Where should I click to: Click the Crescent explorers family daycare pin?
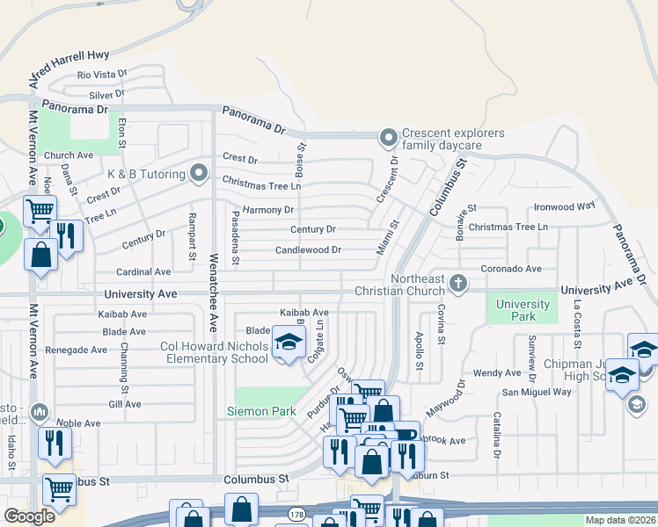pyautogui.click(x=386, y=138)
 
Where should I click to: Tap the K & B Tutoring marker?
pyautogui.click(x=199, y=173)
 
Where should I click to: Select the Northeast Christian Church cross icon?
pyautogui.click(x=457, y=283)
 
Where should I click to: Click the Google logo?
pyautogui.click(x=30, y=516)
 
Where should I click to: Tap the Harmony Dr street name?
pyautogui.click(x=268, y=210)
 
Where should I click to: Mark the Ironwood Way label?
pyautogui.click(x=565, y=206)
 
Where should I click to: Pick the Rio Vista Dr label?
pyautogui.click(x=102, y=76)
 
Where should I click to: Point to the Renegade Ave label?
pyautogui.click(x=76, y=350)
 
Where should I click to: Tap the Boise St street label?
pyautogui.click(x=301, y=160)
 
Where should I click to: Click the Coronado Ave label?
pyautogui.click(x=511, y=269)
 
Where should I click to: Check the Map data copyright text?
pyautogui.click(x=620, y=520)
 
